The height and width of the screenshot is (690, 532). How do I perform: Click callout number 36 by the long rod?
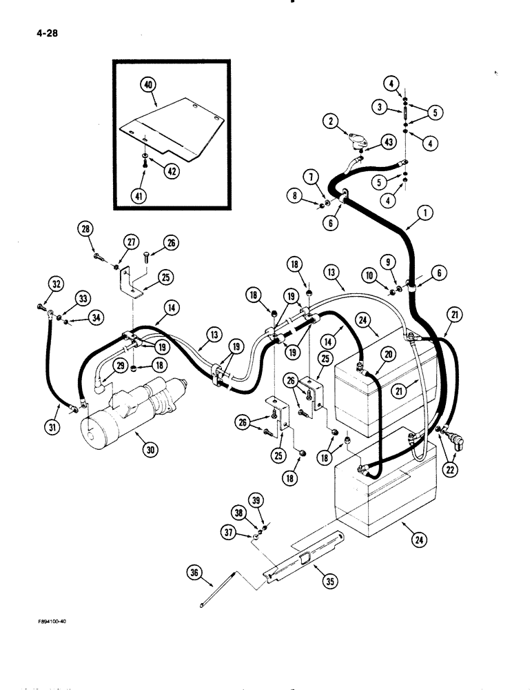pos(194,572)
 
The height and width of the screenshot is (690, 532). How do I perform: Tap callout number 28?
pos(86,229)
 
